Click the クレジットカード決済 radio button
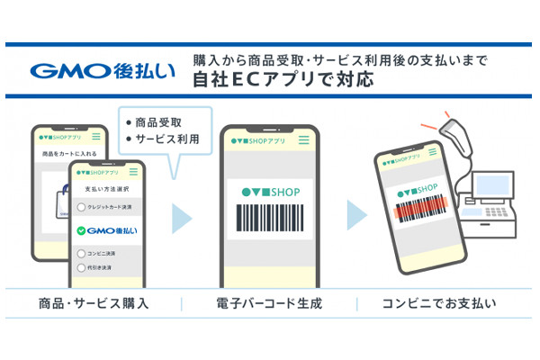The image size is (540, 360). click(x=81, y=207)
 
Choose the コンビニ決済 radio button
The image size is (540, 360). click(x=81, y=253)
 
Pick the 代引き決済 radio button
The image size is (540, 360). click(x=81, y=267)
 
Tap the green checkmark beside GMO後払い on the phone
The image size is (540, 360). click(x=82, y=230)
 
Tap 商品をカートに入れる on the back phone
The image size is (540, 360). click(x=66, y=156)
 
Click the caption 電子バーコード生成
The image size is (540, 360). click(x=268, y=302)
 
